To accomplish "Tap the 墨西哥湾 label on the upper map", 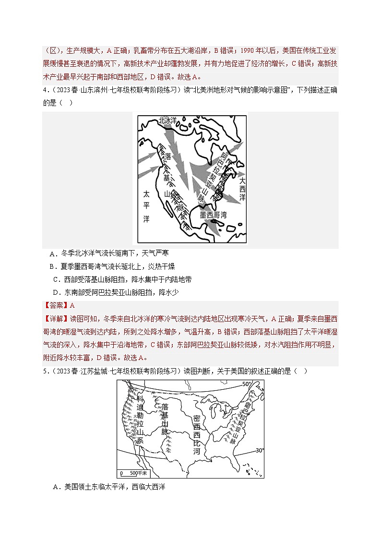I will click(214, 215).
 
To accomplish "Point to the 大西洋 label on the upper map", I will click(242, 189).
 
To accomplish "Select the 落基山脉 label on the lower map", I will click(165, 415).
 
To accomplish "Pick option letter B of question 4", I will click(52, 266).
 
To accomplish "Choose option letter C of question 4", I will click(56, 279).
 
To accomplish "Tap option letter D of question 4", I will click(56, 292).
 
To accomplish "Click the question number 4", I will click(44, 91).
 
